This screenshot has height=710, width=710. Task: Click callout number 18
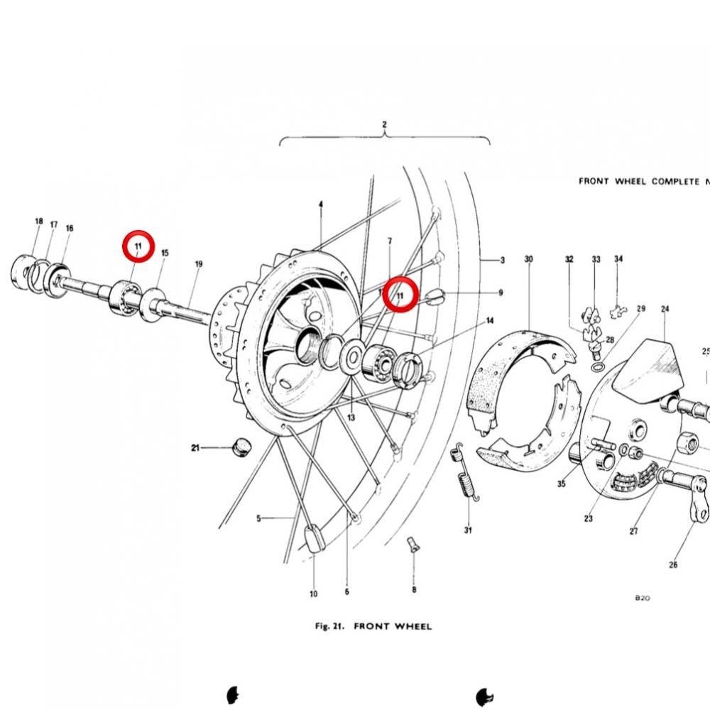[x=39, y=221]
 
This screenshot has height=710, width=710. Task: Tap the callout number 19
[x=198, y=264]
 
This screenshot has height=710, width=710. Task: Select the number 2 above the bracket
[x=384, y=124]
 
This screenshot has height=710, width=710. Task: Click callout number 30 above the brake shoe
[x=528, y=259]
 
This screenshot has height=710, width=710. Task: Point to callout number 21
[x=195, y=448]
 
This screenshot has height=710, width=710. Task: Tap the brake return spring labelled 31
[x=465, y=472]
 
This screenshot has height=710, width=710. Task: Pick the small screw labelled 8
[x=413, y=544]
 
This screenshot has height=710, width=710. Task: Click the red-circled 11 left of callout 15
[x=138, y=246]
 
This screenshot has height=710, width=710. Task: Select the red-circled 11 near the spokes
[x=400, y=295]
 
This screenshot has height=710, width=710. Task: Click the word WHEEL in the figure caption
[x=411, y=627]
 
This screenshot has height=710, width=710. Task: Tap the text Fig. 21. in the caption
[x=329, y=627]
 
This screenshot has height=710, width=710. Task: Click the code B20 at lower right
[x=643, y=598]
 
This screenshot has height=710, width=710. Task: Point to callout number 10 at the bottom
[x=313, y=594]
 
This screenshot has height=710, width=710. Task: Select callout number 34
[x=618, y=258]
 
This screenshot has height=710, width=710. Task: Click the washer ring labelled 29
[x=598, y=366]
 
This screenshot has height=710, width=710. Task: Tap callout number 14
[x=490, y=321]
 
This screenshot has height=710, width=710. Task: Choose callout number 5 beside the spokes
[x=258, y=518]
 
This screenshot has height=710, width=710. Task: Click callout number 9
[x=501, y=293]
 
